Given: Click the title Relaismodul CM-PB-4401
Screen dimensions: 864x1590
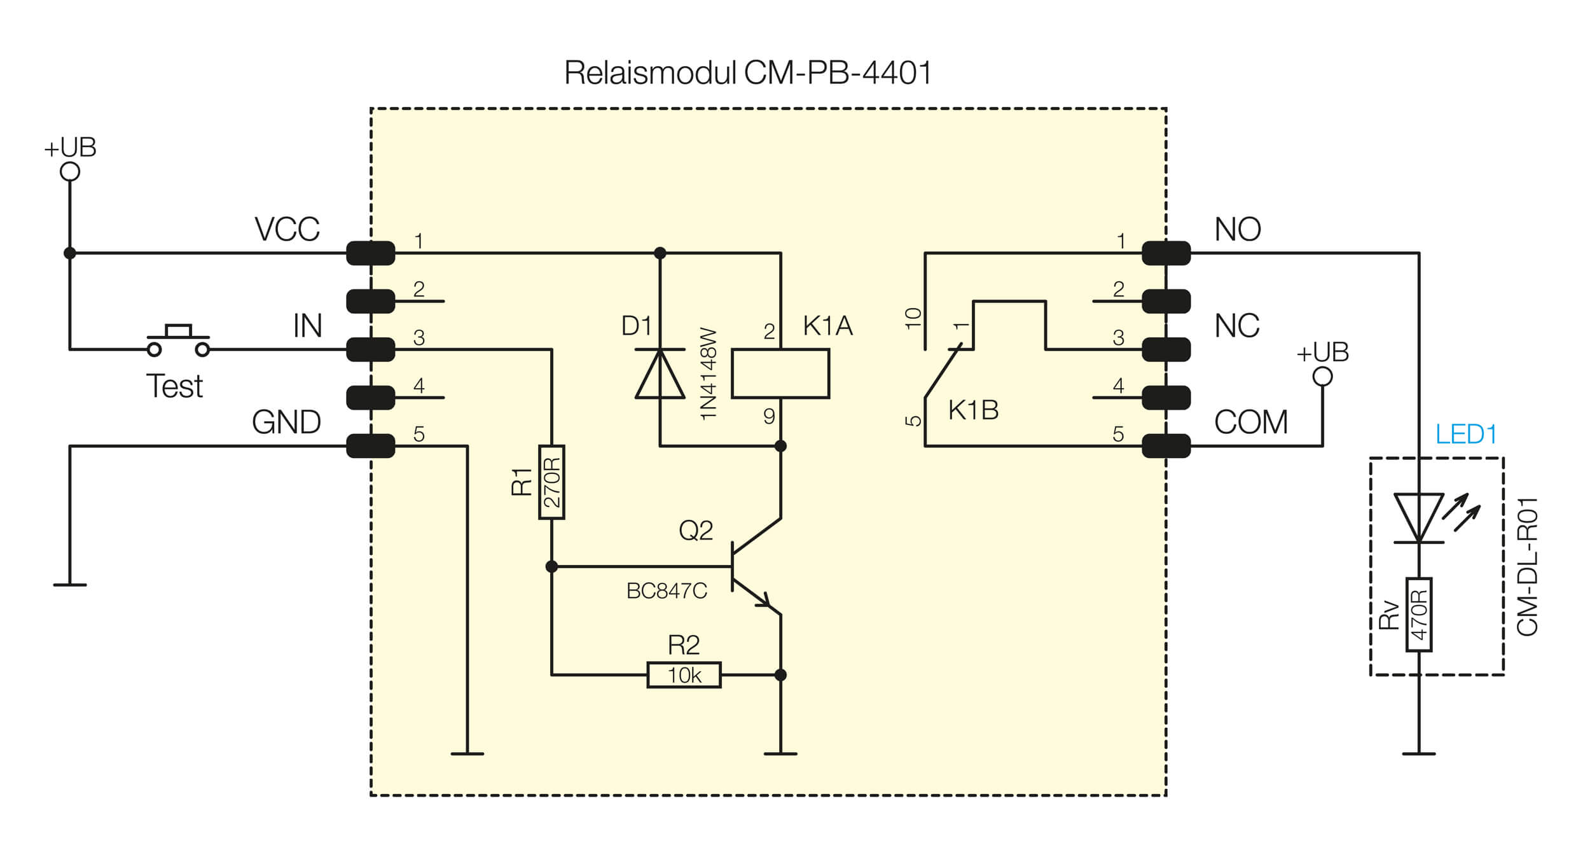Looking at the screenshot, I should click(x=748, y=73).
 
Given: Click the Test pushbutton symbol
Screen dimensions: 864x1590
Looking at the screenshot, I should click(x=178, y=341).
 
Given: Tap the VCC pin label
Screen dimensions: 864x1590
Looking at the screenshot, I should click(x=287, y=230).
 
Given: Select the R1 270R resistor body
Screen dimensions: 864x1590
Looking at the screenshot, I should click(x=551, y=482).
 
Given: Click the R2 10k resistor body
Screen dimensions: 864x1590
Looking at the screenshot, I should click(x=684, y=675).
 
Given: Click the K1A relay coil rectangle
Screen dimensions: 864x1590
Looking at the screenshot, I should click(x=780, y=373).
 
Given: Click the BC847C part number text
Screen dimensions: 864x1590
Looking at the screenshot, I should click(x=667, y=591).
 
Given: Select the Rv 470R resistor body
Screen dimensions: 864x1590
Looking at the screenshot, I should click(x=1419, y=615).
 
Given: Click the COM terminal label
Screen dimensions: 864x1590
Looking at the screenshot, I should click(x=1250, y=422).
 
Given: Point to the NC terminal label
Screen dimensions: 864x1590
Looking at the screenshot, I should click(x=1236, y=326).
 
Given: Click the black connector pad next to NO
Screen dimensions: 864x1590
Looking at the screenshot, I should click(x=1166, y=253).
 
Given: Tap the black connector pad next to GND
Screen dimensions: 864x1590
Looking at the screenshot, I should click(x=370, y=446).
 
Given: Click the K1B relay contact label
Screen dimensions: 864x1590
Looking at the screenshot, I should click(x=973, y=410).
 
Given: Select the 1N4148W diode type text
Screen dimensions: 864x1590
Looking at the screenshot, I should click(x=708, y=374).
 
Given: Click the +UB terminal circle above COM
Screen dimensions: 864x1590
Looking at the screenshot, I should click(x=1322, y=377).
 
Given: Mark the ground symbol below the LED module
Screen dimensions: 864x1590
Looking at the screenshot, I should click(x=1419, y=753).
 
